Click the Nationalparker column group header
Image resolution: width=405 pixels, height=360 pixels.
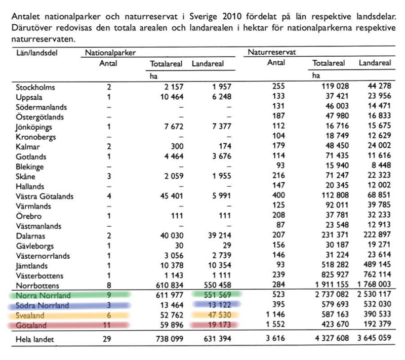click(x=111, y=52)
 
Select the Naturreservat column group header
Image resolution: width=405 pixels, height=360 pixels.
click(x=272, y=52)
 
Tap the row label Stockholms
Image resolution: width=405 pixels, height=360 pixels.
click(x=35, y=87)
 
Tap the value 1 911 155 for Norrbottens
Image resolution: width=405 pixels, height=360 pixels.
click(x=325, y=285)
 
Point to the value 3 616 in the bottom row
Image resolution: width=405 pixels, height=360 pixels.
click(x=274, y=339)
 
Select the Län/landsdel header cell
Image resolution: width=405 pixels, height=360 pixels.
click(x=35, y=52)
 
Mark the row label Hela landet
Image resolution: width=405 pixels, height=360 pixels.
click(x=34, y=339)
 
